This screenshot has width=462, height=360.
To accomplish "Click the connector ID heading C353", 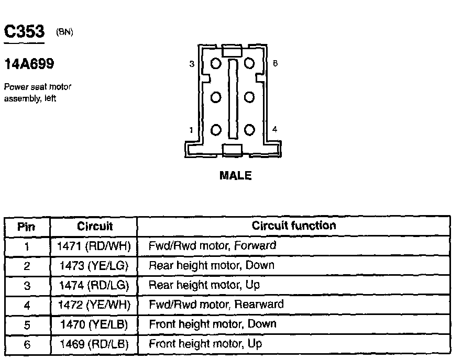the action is pyautogui.click(x=25, y=32).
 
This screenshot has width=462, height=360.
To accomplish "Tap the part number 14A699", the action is pyautogui.click(x=29, y=64).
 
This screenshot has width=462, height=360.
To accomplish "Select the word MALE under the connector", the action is pyautogui.click(x=235, y=176).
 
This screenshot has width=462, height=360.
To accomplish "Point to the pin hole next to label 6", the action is pyautogui.click(x=249, y=64).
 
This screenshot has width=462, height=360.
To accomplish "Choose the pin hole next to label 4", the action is pyautogui.click(x=249, y=130).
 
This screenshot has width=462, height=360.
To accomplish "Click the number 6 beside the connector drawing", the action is pyautogui.click(x=275, y=64).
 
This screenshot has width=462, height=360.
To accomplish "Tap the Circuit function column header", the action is pyautogui.click(x=293, y=226).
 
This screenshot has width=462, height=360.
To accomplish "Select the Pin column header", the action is pyautogui.click(x=26, y=227).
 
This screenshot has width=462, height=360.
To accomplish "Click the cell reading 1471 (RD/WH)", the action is pyautogui.click(x=94, y=245).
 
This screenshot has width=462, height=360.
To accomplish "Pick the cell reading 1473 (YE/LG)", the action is pyautogui.click(x=94, y=265).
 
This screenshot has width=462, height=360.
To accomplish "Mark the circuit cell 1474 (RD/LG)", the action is pyautogui.click(x=94, y=285).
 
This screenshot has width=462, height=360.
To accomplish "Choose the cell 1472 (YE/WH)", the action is pyautogui.click(x=94, y=305).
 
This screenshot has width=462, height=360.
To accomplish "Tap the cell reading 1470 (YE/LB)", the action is pyautogui.click(x=94, y=324).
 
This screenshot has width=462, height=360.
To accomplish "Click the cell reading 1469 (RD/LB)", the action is pyautogui.click(x=94, y=344).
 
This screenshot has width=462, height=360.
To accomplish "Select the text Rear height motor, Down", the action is pyautogui.click(x=212, y=265).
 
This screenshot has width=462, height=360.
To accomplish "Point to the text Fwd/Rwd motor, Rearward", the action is pyautogui.click(x=216, y=305).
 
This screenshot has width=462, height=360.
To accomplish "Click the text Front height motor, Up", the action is pyautogui.click(x=205, y=344).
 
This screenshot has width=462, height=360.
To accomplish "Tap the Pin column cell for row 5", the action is pyautogui.click(x=27, y=324).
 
